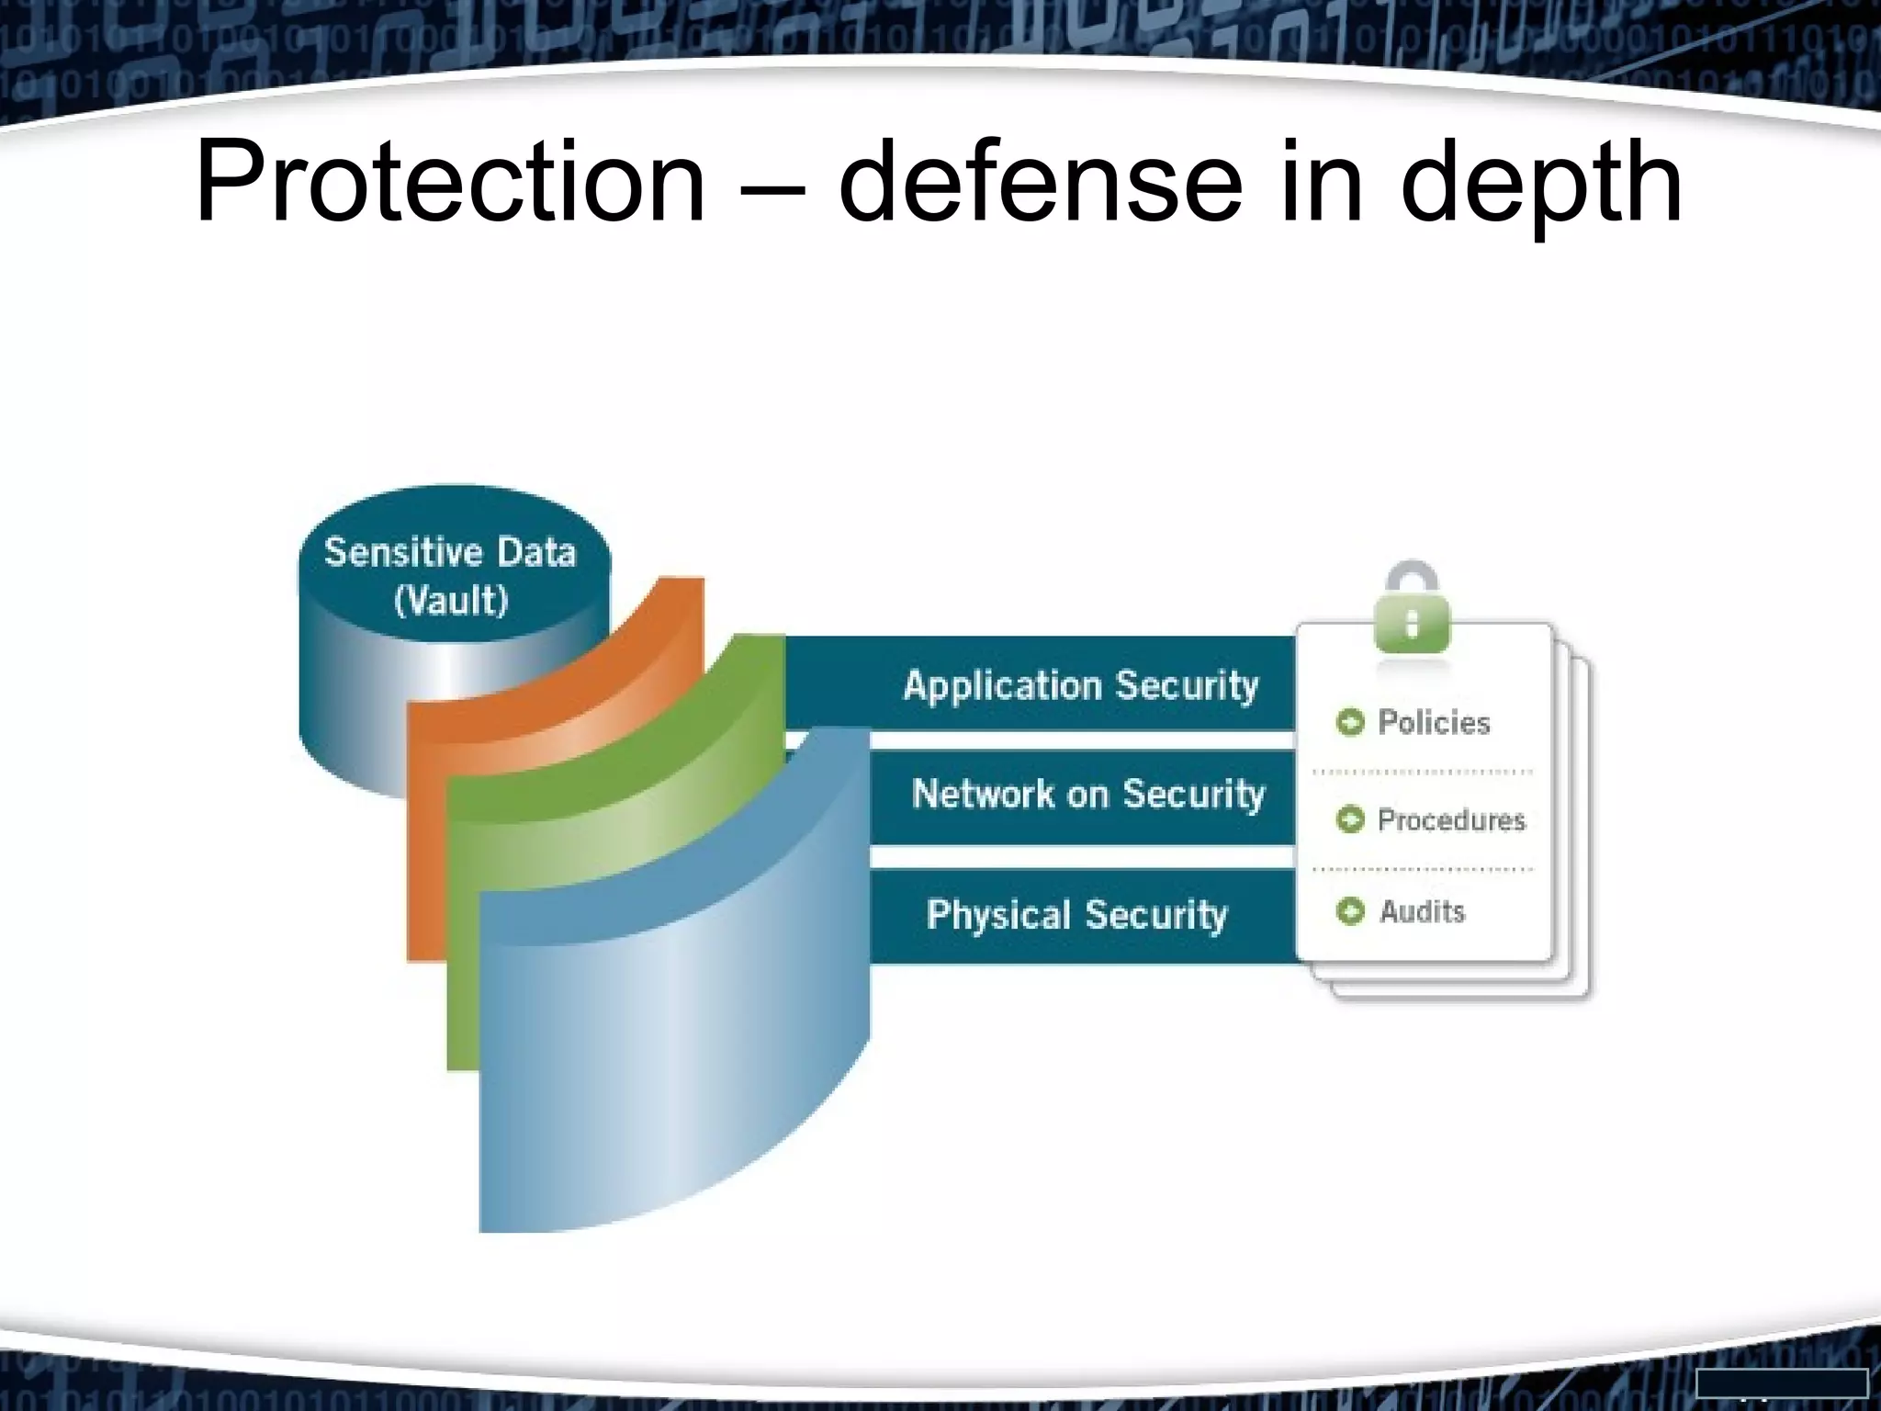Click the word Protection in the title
(x=450, y=184)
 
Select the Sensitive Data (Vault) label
(x=450, y=575)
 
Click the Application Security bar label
(x=1080, y=685)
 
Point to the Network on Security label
(x=1088, y=794)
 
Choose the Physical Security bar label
(x=1076, y=914)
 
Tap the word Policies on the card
(x=1434, y=723)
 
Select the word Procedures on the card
(x=1451, y=819)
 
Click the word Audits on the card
(x=1422, y=911)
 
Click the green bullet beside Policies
(x=1350, y=723)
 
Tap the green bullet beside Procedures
(x=1350, y=819)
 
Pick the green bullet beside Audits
(x=1350, y=911)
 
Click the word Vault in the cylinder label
(x=451, y=601)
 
